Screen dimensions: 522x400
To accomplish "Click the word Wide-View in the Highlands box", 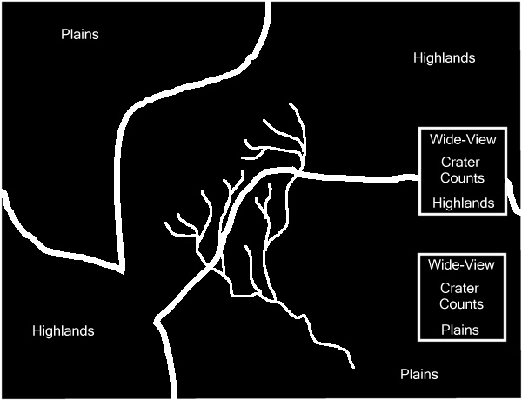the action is pyautogui.click(x=463, y=139).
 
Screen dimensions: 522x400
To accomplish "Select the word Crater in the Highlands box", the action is pyautogui.click(x=460, y=163).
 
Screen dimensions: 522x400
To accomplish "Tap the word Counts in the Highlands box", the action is pyautogui.click(x=462, y=177).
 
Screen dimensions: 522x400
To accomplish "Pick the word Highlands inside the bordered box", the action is pyautogui.click(x=464, y=203).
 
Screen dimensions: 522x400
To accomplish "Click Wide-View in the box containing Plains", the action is pyautogui.click(x=461, y=264).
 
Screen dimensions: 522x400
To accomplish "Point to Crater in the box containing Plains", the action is pyautogui.click(x=459, y=288).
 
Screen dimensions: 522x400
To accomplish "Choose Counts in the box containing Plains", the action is pyautogui.click(x=461, y=303).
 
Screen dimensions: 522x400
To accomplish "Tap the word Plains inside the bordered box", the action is pyautogui.click(x=460, y=330).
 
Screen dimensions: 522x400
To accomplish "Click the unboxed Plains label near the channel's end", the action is pyautogui.click(x=419, y=374).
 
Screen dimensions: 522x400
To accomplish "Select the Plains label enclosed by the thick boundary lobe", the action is pyautogui.click(x=80, y=34).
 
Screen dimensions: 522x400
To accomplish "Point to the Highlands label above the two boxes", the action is pyautogui.click(x=444, y=58).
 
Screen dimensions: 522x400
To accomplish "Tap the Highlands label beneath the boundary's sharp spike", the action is pyautogui.click(x=64, y=330).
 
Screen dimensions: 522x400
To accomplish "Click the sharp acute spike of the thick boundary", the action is pyautogui.click(x=123, y=272).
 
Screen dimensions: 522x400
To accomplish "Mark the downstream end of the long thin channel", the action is pyautogui.click(x=353, y=368).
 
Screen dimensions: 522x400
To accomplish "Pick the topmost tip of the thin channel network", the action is pyautogui.click(x=291, y=103).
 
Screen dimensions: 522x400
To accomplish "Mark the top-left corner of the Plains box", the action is pyautogui.click(x=418, y=255).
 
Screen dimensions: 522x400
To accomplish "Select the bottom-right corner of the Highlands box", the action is pyautogui.click(x=506, y=214).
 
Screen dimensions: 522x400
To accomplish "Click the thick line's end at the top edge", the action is pyautogui.click(x=268, y=2).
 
